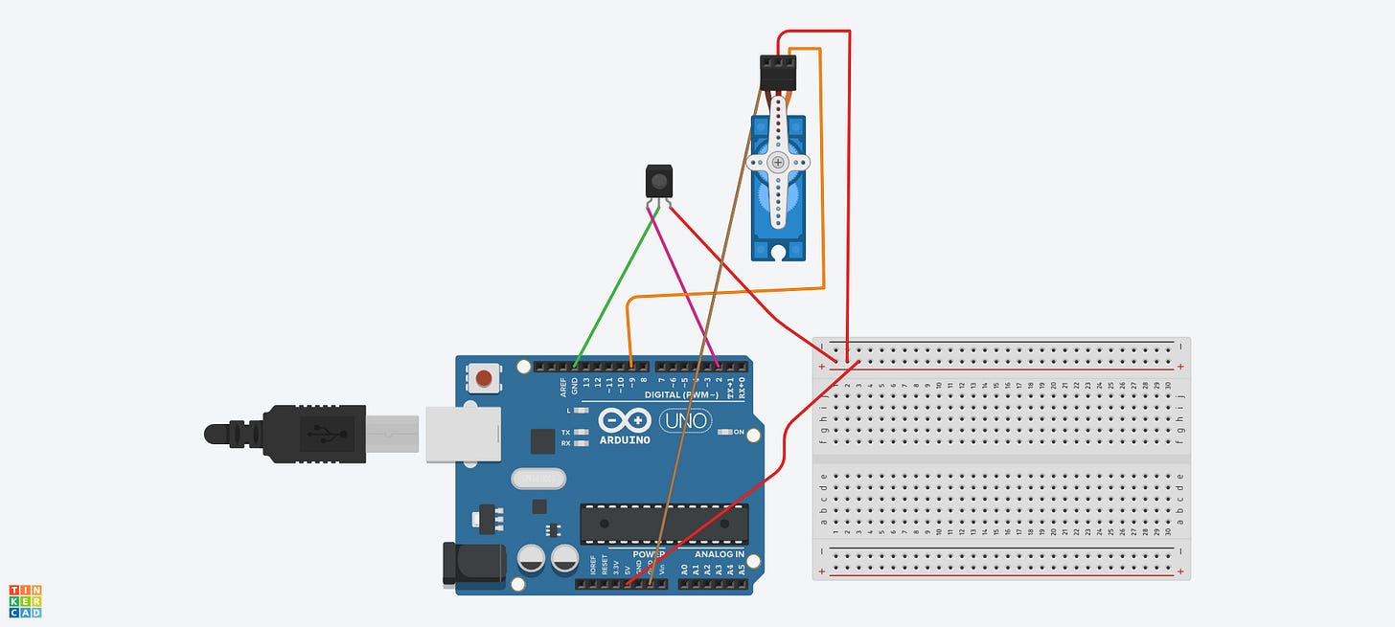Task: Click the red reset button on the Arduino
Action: pyautogui.click(x=485, y=378)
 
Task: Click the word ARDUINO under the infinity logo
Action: pyautogui.click(x=625, y=440)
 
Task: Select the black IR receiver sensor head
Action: pyautogui.click(x=658, y=180)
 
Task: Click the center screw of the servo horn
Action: pyautogui.click(x=778, y=164)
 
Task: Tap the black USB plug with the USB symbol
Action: pyautogui.click(x=316, y=435)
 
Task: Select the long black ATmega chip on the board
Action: pyautogui.click(x=663, y=524)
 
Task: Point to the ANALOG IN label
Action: pyautogui.click(x=720, y=554)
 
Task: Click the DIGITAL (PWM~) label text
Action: pyautogui.click(x=671, y=394)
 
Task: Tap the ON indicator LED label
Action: pyautogui.click(x=738, y=433)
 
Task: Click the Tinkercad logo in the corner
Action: pyautogui.click(x=25, y=600)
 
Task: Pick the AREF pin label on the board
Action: pyautogui.click(x=563, y=387)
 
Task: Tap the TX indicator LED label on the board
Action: pyautogui.click(x=566, y=433)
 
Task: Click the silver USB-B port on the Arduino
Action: pyautogui.click(x=464, y=435)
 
